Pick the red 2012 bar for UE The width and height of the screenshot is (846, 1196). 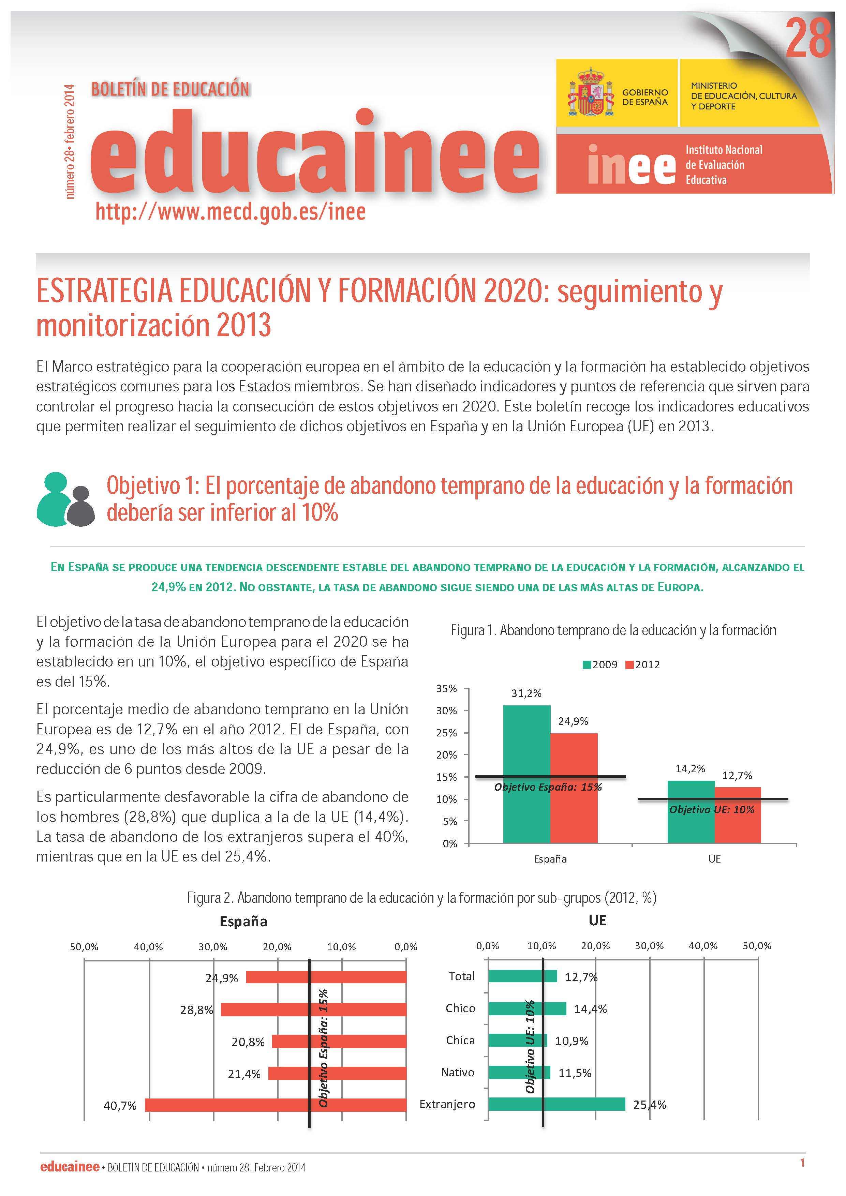738,815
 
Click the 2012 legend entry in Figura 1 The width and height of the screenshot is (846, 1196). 642,665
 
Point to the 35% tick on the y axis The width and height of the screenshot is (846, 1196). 446,689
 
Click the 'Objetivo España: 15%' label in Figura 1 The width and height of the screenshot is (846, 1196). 548,787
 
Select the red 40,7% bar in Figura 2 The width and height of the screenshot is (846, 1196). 276,1105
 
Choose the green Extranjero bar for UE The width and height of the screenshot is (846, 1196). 556,1104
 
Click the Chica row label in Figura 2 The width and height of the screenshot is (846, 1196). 460,1040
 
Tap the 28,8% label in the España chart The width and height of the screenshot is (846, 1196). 196,1010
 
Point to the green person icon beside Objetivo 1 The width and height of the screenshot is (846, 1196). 53,499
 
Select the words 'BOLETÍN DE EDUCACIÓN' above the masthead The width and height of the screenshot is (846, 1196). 170,89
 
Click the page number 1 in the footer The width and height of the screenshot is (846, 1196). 803,1162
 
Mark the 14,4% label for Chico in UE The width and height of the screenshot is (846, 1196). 591,1009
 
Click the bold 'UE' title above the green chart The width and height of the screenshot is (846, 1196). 597,921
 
